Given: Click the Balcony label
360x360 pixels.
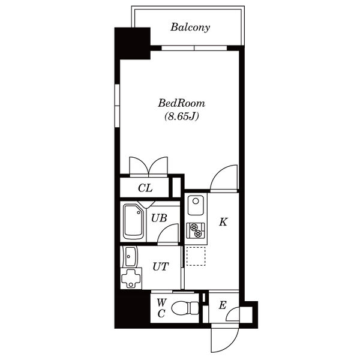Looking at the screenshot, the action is [x=190, y=28].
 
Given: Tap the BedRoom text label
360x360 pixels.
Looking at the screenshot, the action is [x=181, y=103].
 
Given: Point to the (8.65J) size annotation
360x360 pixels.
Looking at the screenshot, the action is [x=181, y=116].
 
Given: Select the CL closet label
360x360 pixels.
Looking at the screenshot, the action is [x=145, y=188].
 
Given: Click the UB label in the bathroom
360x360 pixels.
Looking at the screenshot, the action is [x=159, y=218].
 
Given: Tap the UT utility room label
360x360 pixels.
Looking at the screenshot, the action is [x=161, y=266].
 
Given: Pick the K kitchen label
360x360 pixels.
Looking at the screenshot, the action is [x=223, y=222].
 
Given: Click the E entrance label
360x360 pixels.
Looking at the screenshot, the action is [x=223, y=305].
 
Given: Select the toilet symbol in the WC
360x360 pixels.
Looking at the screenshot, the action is [x=185, y=308].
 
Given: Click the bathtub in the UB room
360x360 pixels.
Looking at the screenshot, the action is [x=133, y=222].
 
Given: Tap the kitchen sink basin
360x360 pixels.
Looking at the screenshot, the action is [x=196, y=205].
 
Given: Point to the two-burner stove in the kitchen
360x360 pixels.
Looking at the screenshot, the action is [x=196, y=230].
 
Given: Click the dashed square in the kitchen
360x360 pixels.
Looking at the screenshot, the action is [x=196, y=256].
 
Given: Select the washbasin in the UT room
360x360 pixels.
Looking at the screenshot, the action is [x=130, y=256].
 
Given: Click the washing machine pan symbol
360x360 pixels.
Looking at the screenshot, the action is [x=131, y=278].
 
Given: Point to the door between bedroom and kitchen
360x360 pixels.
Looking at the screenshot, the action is [x=224, y=178].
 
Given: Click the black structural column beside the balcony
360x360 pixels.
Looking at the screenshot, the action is [x=133, y=43].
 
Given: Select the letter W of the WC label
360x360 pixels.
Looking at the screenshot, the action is [x=161, y=303].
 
